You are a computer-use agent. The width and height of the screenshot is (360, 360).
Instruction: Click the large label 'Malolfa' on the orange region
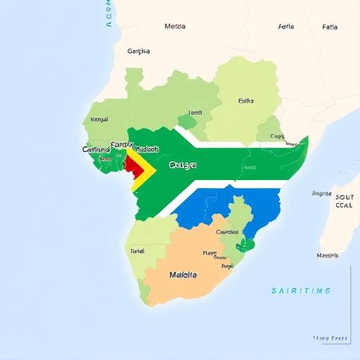183,275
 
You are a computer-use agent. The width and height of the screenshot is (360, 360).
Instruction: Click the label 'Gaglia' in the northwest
139,51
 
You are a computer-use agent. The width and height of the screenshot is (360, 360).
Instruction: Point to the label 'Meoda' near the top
175,26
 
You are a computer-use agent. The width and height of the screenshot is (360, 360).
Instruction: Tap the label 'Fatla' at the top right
330,27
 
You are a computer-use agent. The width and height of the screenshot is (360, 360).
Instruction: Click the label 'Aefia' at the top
286,27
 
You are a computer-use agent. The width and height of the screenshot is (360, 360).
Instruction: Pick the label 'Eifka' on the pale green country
245,101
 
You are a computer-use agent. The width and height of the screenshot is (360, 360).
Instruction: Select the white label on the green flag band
183,166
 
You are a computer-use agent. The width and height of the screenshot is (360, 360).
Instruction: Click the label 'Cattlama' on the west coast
96,149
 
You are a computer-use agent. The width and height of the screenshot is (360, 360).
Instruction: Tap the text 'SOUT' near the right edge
345,198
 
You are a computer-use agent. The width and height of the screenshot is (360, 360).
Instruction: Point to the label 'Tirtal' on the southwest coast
137,250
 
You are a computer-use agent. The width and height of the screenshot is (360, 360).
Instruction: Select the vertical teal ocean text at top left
108,14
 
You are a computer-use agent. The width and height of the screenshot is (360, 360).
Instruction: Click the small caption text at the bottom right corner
330,338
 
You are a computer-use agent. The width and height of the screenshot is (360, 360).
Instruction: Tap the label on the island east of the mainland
328,255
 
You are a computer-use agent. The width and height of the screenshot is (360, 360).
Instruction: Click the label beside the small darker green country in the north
195,112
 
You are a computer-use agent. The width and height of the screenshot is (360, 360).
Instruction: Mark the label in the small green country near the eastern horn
277,136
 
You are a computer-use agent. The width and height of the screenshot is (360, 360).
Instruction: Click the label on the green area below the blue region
226,231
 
